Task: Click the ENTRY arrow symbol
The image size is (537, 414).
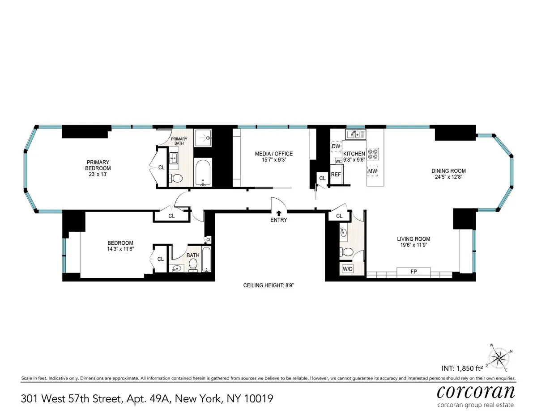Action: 278,213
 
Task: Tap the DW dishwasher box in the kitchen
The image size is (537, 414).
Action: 336,146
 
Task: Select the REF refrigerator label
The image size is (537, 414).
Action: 336,174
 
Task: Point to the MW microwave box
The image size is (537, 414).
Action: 372,171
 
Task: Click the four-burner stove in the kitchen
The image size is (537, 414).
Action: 372,154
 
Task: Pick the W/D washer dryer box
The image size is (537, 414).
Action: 347,269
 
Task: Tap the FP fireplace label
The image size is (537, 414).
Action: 413,271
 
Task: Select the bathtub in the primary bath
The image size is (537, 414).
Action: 203,172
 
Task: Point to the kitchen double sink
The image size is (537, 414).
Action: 355,134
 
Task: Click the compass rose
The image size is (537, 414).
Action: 499,357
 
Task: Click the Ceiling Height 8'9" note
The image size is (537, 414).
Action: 268,285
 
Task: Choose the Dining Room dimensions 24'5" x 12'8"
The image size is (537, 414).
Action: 448,177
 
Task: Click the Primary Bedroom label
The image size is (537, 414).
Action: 98,165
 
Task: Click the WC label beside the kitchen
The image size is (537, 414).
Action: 339,161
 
